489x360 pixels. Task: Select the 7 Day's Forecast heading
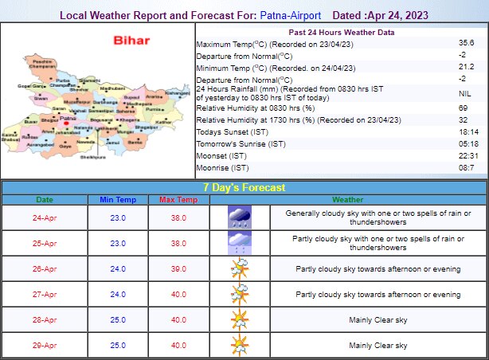[244, 188]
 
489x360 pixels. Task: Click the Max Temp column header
[172, 199]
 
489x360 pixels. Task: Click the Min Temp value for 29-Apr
[117, 346]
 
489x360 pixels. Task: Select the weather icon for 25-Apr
[238, 243]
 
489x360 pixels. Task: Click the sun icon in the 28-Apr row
[238, 319]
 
